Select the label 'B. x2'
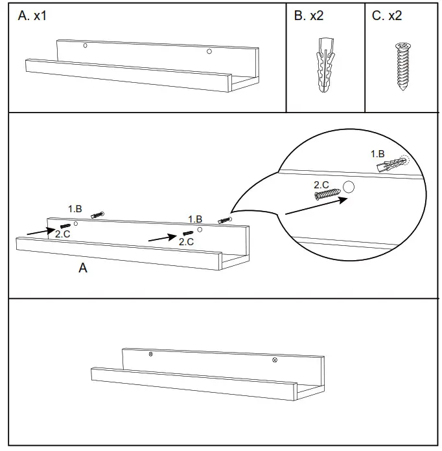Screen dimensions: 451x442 (x=308, y=16)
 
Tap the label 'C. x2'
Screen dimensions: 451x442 (x=387, y=16)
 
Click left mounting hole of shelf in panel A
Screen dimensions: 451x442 (x=84, y=46)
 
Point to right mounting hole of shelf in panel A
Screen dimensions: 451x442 (x=209, y=52)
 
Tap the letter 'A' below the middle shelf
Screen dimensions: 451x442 (x=82, y=268)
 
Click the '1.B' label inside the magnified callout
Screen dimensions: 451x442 (x=378, y=154)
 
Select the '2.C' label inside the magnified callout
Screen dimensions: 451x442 (x=321, y=185)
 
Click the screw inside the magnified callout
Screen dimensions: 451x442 (x=327, y=194)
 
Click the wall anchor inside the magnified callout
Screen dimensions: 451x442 (x=391, y=165)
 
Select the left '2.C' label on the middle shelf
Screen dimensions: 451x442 (x=62, y=234)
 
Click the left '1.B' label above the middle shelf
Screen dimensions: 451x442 (x=75, y=208)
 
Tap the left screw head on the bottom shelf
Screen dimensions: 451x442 (x=151, y=354)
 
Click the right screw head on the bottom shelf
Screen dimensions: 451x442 (x=274, y=359)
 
